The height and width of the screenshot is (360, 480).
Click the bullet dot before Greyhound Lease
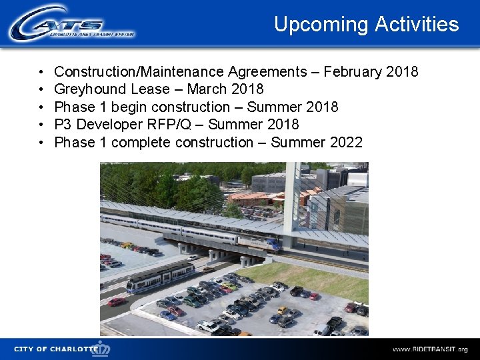41,89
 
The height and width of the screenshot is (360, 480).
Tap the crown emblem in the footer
102,348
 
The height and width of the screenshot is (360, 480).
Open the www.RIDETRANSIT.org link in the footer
429,349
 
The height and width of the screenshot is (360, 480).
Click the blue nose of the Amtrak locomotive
274,245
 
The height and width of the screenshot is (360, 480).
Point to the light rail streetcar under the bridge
161,277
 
